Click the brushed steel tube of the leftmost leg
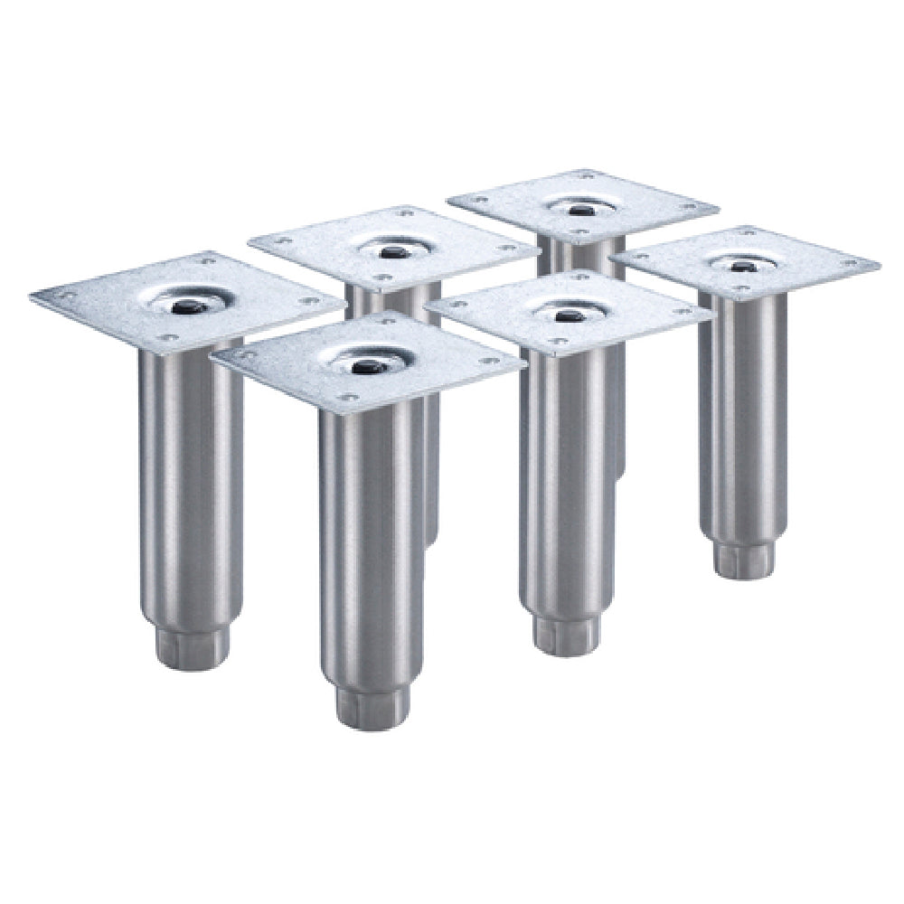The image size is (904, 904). [x=190, y=470]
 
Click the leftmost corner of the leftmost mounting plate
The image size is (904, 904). [x=32, y=297]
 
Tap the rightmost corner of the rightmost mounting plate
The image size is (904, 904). [x=878, y=263]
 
